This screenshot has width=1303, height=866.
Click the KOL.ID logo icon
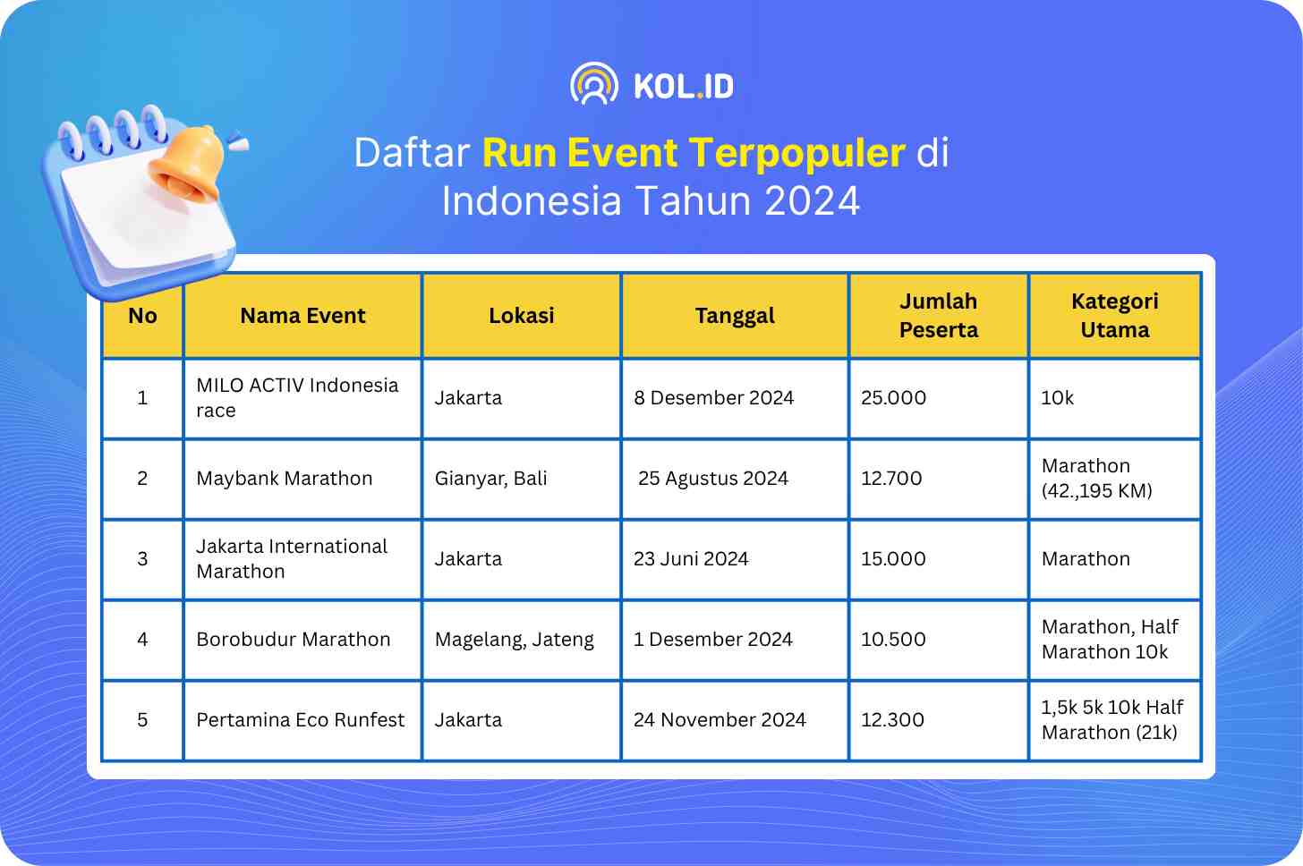(x=594, y=84)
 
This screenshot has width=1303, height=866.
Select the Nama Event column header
(x=302, y=315)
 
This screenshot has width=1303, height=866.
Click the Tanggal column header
(x=735, y=316)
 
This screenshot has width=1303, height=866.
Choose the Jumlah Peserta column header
(x=938, y=315)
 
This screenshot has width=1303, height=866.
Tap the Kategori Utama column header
(x=1114, y=315)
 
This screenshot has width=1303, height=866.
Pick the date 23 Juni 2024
(x=691, y=558)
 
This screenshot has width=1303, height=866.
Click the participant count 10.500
(x=893, y=639)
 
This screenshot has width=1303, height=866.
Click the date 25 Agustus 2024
(x=712, y=478)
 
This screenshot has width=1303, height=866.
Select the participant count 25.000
(x=893, y=398)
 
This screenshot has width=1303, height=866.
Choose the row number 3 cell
(x=142, y=559)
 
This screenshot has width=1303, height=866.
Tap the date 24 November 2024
(x=720, y=719)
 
